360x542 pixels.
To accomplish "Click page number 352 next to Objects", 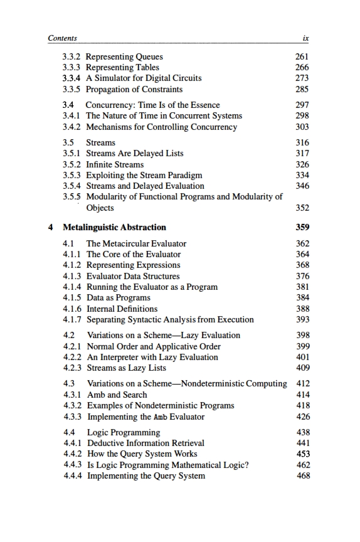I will pyautogui.click(x=302, y=208).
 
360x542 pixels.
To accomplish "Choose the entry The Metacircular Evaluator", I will pyautogui.click(x=136, y=243).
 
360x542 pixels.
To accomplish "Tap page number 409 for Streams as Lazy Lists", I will pyautogui.click(x=302, y=368).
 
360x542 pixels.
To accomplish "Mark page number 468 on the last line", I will pyautogui.click(x=302, y=476).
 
